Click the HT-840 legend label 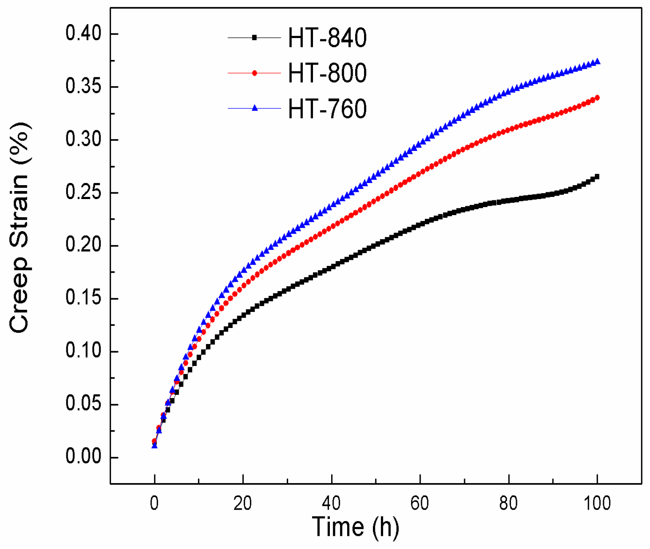click(x=327, y=38)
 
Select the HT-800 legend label click(x=327, y=73)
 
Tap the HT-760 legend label click(x=327, y=109)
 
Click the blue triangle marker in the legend click(x=255, y=108)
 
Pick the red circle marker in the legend click(x=255, y=73)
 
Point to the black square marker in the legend click(x=255, y=38)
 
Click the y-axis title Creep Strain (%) click(x=19, y=228)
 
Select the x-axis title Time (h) click(x=355, y=527)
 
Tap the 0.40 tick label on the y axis click(x=84, y=34)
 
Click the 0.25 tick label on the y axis click(x=84, y=193)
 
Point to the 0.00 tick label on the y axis click(x=84, y=457)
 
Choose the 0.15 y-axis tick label click(x=84, y=298)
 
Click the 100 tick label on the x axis click(x=597, y=503)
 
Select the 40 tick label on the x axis click(x=332, y=503)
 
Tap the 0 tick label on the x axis click(x=155, y=503)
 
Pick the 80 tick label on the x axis click(x=509, y=503)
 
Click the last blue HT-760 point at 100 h click(x=597, y=62)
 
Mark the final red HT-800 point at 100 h click(x=597, y=98)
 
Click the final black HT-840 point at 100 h click(x=597, y=177)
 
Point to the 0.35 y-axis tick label click(x=84, y=87)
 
